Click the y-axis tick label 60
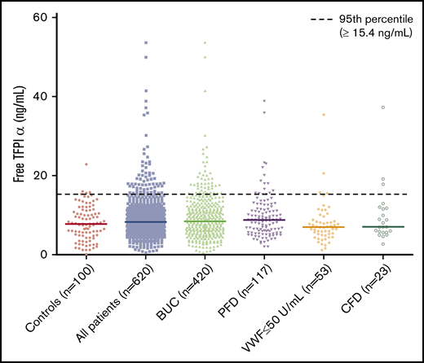pyautogui.click(x=38, y=17)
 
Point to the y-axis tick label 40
pyautogui.click(x=38, y=96)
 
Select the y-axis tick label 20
pyautogui.click(x=38, y=175)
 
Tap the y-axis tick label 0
pyautogui.click(x=42, y=254)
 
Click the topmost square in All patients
pyautogui.click(x=146, y=42)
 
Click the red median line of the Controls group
pyautogui.click(x=86, y=224)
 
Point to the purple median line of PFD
pyautogui.click(x=263, y=220)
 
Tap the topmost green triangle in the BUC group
pyautogui.click(x=205, y=42)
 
